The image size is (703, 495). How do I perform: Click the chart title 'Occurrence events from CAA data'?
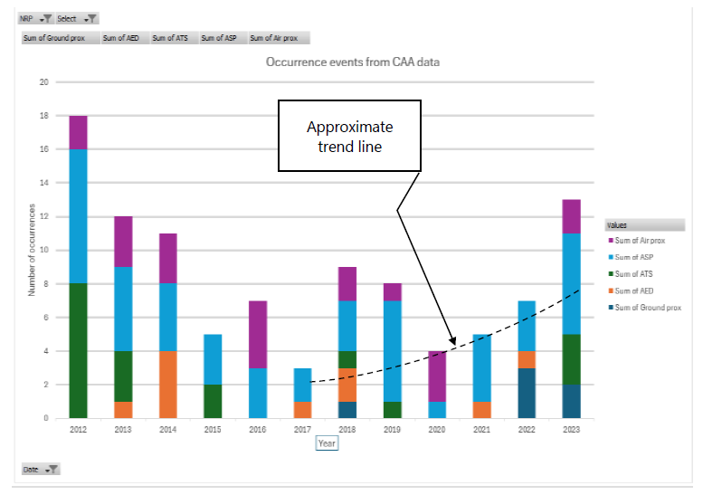tap(352, 62)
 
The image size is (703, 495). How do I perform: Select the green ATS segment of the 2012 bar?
tap(78, 351)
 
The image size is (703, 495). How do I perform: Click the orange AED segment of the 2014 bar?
tap(167, 385)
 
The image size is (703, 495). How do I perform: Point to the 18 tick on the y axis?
tap(43, 116)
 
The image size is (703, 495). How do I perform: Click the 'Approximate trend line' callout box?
tap(349, 135)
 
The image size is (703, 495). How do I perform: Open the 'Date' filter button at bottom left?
tap(42, 469)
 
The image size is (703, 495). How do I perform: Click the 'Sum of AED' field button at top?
tap(121, 38)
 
